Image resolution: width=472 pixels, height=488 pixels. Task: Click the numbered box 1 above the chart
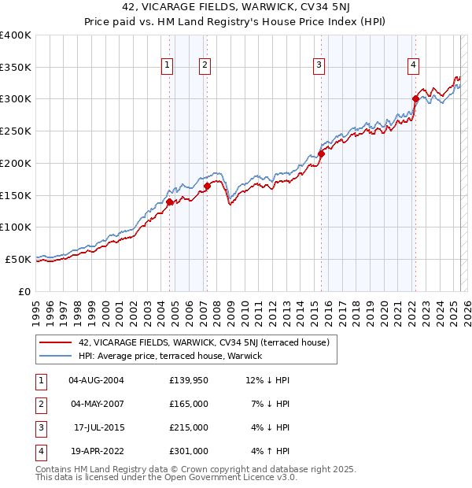(168, 66)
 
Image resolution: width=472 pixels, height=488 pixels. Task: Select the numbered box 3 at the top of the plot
(319, 66)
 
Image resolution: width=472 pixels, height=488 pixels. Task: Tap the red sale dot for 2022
(415, 98)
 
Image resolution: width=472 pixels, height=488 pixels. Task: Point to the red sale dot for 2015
(321, 153)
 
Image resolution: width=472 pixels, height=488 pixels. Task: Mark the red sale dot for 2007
(207, 186)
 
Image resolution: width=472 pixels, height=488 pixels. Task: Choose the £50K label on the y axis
(18, 259)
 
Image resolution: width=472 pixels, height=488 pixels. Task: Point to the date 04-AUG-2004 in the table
(97, 380)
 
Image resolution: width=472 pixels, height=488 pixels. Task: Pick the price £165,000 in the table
(189, 404)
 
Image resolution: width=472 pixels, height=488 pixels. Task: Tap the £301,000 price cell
(189, 451)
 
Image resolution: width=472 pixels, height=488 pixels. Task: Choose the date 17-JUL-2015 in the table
(98, 427)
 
